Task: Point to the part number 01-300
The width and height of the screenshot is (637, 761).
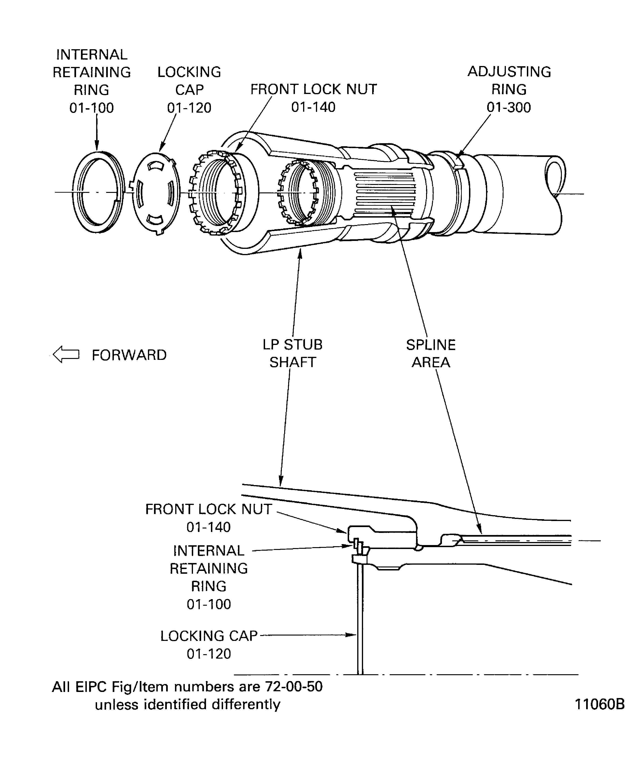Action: tap(509, 107)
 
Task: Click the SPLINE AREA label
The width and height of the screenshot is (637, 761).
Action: tap(431, 353)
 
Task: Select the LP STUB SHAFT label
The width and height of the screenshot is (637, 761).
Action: tap(293, 353)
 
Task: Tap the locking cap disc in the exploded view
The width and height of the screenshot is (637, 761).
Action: tap(156, 194)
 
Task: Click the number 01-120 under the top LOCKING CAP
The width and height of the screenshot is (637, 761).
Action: tap(189, 108)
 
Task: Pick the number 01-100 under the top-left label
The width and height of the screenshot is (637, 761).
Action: tap(91, 108)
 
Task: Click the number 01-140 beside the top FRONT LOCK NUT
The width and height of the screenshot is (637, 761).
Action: tap(313, 107)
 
